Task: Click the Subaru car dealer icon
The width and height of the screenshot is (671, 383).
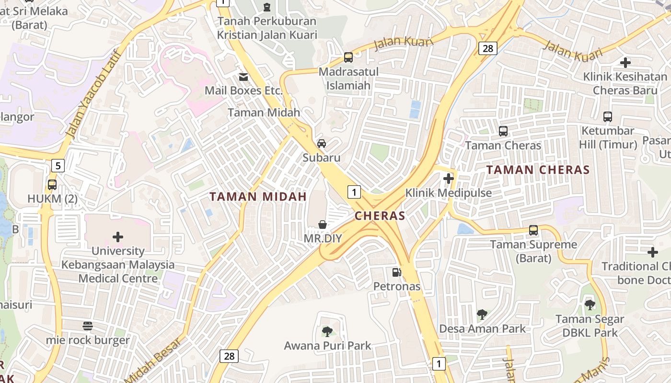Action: click(x=322, y=144)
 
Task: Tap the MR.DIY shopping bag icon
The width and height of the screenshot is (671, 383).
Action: click(x=323, y=225)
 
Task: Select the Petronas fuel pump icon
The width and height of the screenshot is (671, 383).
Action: click(x=397, y=272)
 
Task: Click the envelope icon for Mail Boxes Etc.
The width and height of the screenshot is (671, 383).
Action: click(x=243, y=77)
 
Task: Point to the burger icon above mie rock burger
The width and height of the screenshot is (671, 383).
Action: click(x=87, y=326)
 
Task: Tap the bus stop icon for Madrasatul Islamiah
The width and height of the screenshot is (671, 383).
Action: click(x=348, y=57)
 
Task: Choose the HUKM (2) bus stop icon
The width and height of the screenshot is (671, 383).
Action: click(x=52, y=185)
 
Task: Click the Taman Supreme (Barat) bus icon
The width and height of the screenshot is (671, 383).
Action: click(x=533, y=230)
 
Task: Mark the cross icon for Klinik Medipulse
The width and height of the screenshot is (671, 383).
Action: click(x=449, y=179)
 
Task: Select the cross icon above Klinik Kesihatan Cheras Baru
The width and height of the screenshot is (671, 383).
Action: click(x=625, y=62)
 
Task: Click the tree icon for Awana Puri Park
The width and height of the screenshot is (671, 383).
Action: click(x=327, y=331)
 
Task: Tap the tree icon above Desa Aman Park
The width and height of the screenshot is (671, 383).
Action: click(x=482, y=315)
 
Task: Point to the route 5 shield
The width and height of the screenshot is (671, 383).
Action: click(x=58, y=166)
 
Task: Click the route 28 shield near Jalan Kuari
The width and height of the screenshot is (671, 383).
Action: click(x=487, y=48)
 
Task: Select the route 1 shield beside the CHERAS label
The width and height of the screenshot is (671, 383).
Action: click(x=354, y=192)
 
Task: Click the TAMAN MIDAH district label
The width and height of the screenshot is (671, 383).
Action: click(x=258, y=197)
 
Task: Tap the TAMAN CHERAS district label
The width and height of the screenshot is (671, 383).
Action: click(x=538, y=170)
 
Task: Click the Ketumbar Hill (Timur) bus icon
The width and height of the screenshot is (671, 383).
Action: click(x=608, y=116)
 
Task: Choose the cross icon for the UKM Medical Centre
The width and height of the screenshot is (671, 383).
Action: click(x=117, y=237)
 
